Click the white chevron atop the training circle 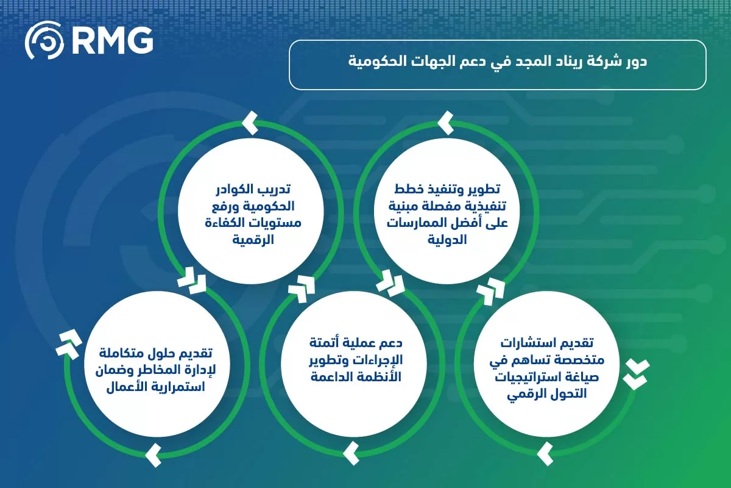pyautogui.click(x=249, y=123)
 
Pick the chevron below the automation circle pyautogui.click(x=351, y=453)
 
